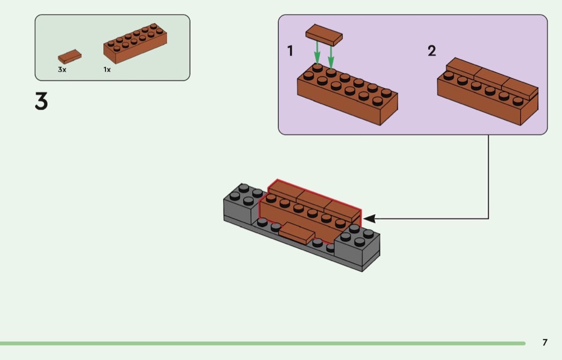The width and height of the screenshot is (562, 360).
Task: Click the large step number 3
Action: [41, 101]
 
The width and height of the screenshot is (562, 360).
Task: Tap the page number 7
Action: [545, 342]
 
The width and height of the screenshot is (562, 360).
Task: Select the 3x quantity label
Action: [62, 70]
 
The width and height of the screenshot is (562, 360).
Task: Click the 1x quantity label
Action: [107, 70]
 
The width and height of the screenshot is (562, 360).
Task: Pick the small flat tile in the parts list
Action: [70, 56]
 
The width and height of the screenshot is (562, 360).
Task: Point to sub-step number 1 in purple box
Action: [290, 51]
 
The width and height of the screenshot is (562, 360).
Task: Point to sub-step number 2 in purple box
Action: [431, 51]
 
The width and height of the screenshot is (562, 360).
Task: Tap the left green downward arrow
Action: [317, 53]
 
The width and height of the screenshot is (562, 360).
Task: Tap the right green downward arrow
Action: [331, 56]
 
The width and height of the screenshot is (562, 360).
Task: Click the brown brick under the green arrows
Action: [347, 99]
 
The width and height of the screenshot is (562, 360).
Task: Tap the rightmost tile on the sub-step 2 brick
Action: [519, 88]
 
